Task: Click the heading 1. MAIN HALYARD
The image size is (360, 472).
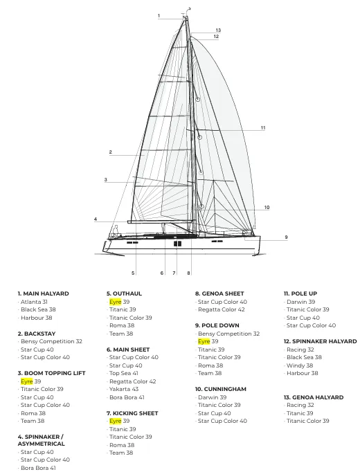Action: coord(44,293)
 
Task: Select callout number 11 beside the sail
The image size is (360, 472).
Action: coord(263,128)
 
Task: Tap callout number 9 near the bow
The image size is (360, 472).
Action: coord(286,237)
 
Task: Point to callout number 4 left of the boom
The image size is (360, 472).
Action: coord(96,219)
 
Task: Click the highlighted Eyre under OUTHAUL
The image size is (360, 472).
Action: coord(116,302)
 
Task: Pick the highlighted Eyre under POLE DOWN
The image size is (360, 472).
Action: coord(204,341)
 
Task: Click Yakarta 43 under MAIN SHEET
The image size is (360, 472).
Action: coord(124,389)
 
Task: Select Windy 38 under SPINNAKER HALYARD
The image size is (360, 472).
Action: coord(300,365)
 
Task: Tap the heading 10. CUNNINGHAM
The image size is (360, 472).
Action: coord(221,389)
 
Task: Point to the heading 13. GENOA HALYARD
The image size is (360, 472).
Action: coord(314,397)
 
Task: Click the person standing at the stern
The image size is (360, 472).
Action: coord(116,231)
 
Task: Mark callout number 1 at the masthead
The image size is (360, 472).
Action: coord(159,16)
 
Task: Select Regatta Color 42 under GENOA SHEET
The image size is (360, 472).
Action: coord(222,310)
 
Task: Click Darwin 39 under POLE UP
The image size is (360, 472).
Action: coord(300,302)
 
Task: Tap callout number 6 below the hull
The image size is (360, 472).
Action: coord(162,273)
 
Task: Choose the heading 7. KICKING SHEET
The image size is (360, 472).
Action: coord(132,413)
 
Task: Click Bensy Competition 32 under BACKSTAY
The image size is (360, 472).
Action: coord(51,341)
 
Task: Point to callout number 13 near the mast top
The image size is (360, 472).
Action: coord(218,30)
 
